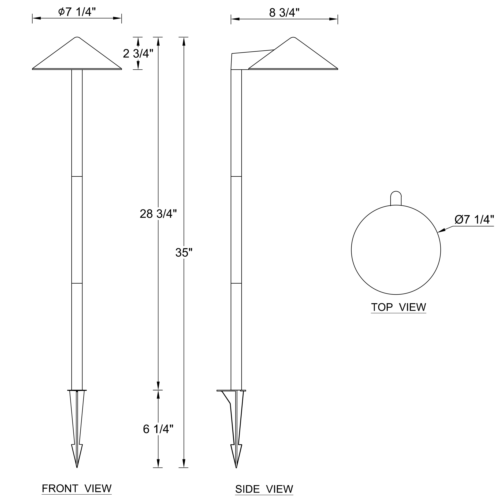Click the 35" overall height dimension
coord(184,253)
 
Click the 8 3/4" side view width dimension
coord(284,13)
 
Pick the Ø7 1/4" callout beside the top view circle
coord(474,219)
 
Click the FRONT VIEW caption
coord(77,488)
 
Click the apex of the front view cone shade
coord(77,37)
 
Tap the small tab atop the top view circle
coord(396,198)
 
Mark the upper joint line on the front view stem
coord(77,176)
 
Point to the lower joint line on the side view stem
coord(236,283)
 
